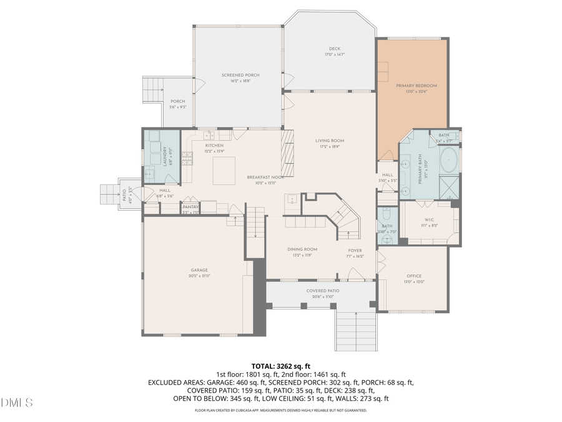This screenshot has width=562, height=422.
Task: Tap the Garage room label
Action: (x=199, y=271)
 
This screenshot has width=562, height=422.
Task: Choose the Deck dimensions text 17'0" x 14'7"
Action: (x=335, y=55)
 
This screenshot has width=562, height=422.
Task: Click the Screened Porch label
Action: (x=240, y=75)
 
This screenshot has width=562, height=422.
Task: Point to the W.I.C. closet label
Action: (x=430, y=219)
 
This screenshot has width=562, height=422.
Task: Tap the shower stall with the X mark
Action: (x=448, y=187)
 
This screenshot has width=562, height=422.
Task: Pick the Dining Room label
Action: (x=302, y=249)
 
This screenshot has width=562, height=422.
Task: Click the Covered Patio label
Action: (x=323, y=291)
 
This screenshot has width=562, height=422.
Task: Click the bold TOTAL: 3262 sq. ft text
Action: (x=280, y=366)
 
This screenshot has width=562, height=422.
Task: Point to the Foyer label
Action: (x=355, y=251)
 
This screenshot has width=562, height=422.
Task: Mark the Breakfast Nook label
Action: (x=265, y=177)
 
